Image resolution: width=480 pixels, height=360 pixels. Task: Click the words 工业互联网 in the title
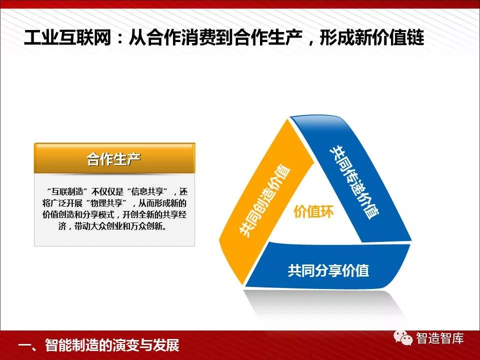pyautogui.click(x=67, y=38)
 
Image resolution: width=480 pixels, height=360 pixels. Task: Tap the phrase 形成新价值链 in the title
pyautogui.click(x=371, y=38)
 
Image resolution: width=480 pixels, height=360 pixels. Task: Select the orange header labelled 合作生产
pyautogui.click(x=114, y=158)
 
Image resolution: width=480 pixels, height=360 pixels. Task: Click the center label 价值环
pyautogui.click(x=313, y=211)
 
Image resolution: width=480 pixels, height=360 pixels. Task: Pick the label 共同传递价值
pyautogui.click(x=354, y=182)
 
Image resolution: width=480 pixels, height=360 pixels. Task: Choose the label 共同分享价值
pyautogui.click(x=328, y=270)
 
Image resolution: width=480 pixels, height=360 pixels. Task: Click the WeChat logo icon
pyautogui.click(x=403, y=337)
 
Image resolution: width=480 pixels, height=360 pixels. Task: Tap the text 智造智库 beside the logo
pyautogui.click(x=439, y=338)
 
